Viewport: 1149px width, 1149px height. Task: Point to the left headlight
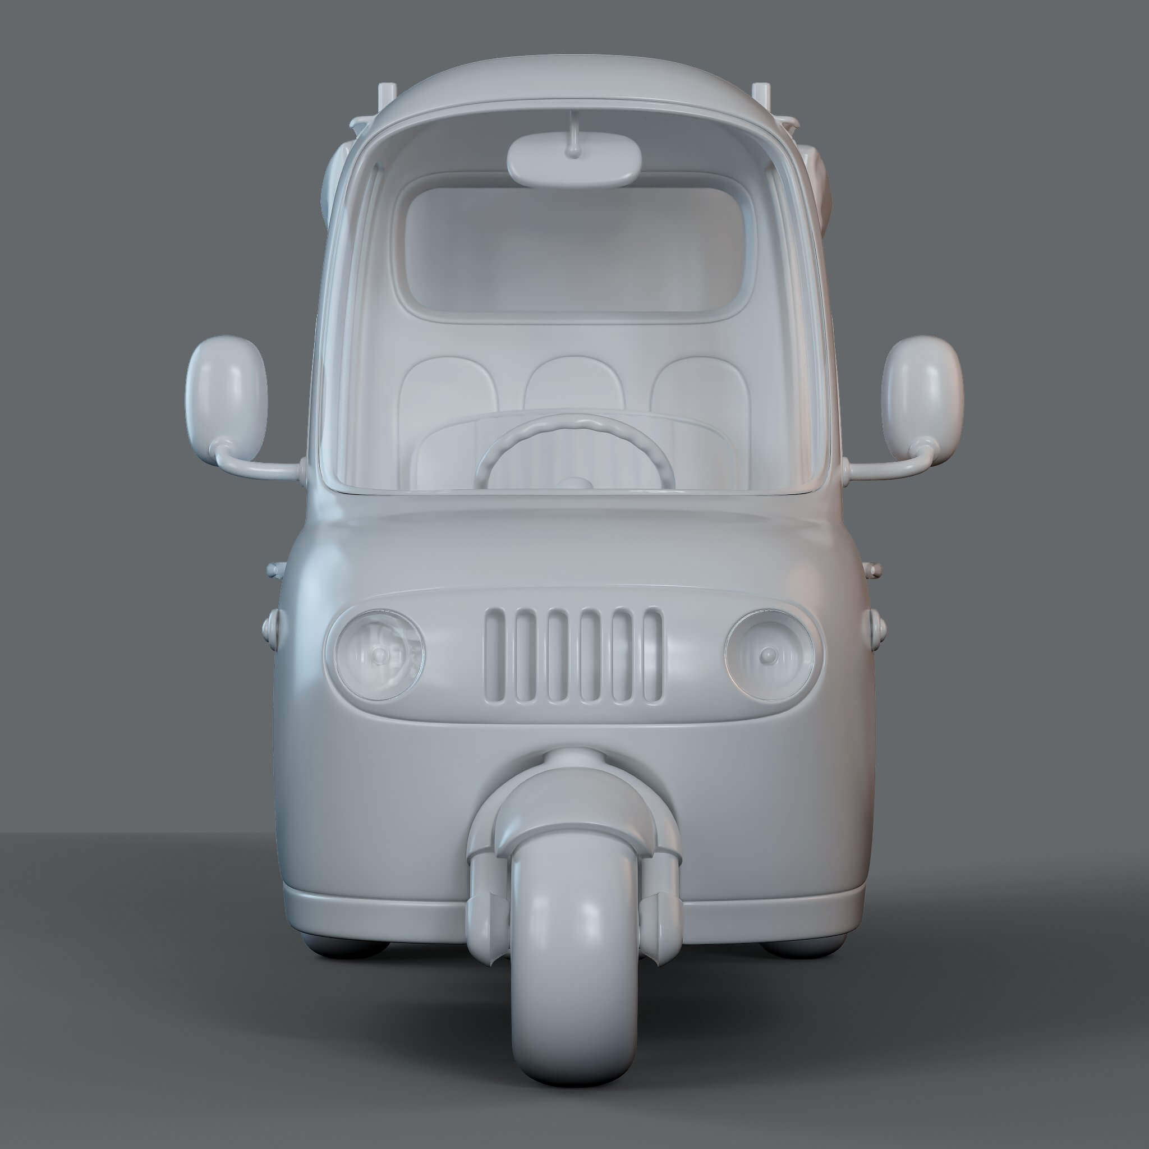[x=380, y=654]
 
